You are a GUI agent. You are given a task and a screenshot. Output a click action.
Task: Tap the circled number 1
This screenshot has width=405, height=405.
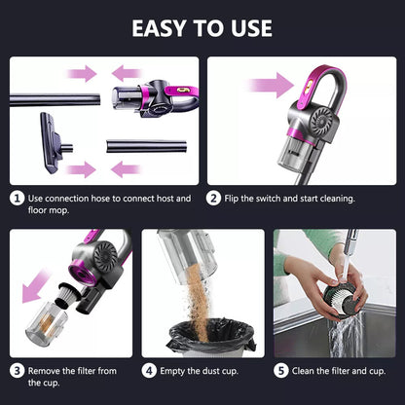17,198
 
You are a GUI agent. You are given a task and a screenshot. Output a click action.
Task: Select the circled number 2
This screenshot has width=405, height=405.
215,198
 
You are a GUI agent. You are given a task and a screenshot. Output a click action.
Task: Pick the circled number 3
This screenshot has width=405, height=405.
17,370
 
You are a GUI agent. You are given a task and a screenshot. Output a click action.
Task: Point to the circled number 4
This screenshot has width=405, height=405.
150,370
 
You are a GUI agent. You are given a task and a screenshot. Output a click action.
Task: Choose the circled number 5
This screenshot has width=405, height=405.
282,370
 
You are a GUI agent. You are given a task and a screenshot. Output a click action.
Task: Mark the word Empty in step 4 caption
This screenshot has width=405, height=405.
174,370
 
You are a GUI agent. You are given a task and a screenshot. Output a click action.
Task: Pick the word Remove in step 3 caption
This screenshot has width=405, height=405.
44,370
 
